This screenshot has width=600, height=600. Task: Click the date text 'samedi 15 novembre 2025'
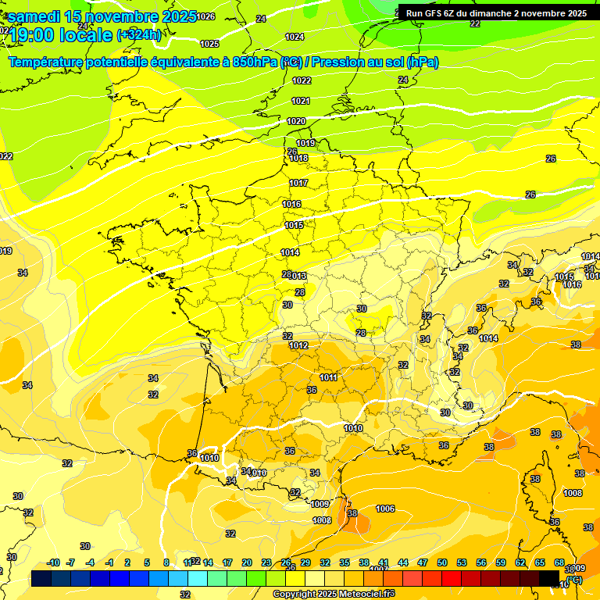[x=102, y=16]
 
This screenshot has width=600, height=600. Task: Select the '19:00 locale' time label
[x=61, y=35]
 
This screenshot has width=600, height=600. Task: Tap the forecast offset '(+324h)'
[x=139, y=35]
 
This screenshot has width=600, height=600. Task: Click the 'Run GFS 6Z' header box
[x=496, y=13]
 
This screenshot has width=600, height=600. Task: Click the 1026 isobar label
[x=206, y=16]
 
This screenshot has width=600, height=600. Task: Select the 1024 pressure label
[x=295, y=37]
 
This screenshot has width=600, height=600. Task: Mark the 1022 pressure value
[x=301, y=80]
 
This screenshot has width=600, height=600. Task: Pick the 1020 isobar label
[x=296, y=121]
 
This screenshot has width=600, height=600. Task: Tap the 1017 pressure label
[x=298, y=183]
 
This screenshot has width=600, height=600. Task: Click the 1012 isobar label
[x=298, y=345]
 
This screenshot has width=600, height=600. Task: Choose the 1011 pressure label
[x=329, y=377]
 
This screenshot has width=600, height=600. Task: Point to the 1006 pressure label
[x=385, y=509]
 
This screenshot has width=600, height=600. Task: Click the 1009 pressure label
[x=320, y=504]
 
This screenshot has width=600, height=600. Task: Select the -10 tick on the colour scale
[x=53, y=562]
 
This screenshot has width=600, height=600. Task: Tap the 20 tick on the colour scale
[x=246, y=562]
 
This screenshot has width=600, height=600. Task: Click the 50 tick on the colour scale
[x=442, y=562]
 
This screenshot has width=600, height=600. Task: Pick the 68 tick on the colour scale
[x=559, y=562]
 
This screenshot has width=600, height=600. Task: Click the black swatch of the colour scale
[x=550, y=578]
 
